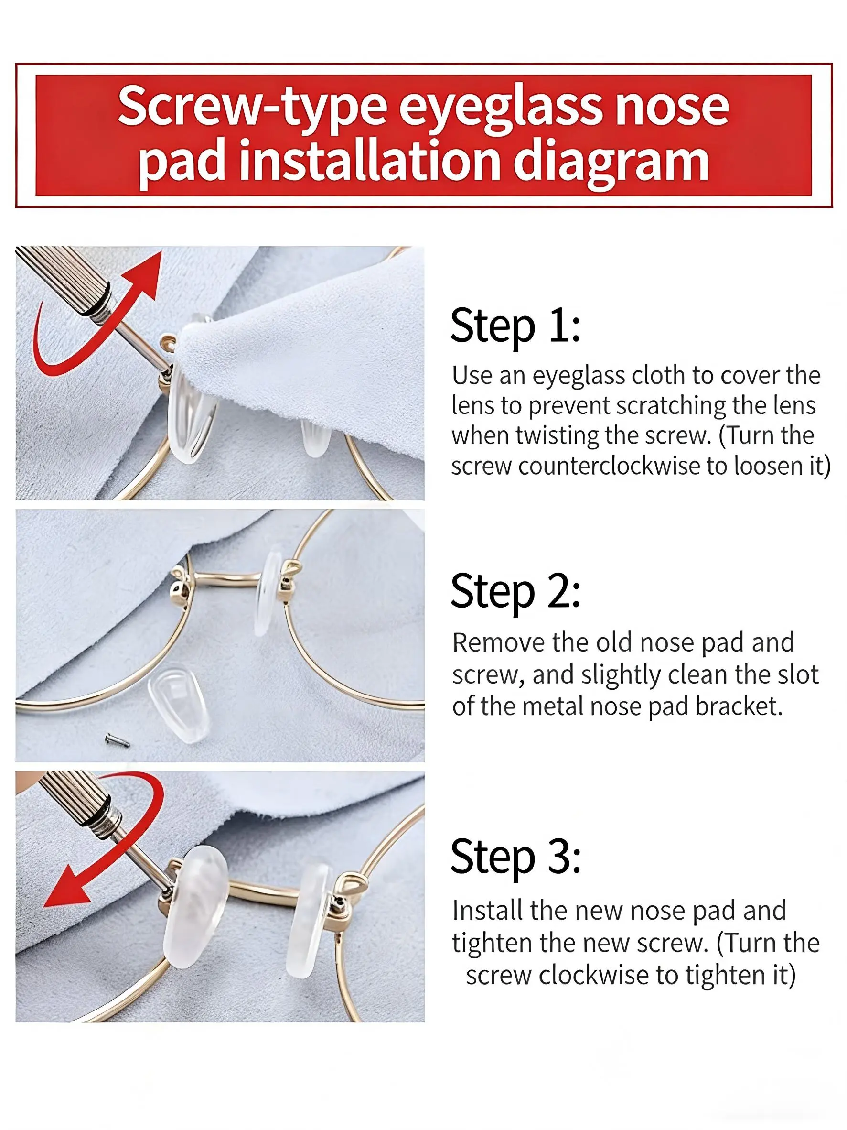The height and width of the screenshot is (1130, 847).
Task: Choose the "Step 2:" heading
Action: pos(515,592)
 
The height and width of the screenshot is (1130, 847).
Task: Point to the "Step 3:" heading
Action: pos(515,857)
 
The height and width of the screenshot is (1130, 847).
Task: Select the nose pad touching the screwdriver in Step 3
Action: pos(195,907)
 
